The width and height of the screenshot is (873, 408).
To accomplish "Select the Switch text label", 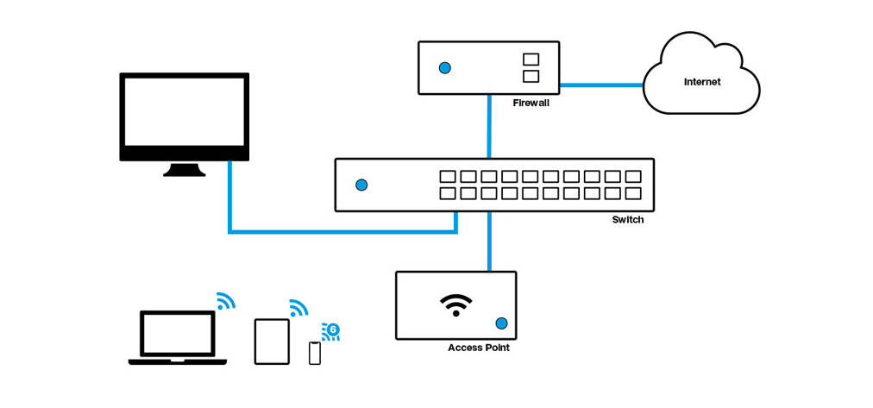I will [628, 220].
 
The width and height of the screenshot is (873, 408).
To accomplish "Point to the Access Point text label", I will [479, 348].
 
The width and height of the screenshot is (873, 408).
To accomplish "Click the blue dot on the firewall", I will [445, 67].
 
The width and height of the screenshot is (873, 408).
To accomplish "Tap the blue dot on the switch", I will [361, 185].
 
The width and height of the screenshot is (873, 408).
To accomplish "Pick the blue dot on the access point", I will [500, 324].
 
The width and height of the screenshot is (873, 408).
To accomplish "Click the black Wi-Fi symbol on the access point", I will [455, 304].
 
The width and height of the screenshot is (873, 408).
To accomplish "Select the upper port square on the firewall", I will [531, 60].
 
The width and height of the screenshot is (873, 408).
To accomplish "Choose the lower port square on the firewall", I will [531, 77].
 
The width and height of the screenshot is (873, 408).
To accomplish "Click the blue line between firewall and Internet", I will [601, 85].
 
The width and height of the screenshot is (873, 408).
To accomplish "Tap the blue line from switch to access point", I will [489, 241].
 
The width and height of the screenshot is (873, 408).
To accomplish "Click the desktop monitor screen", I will [184, 113].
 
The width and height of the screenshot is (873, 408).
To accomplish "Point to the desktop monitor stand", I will [185, 169].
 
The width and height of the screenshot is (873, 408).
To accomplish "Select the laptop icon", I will [178, 337].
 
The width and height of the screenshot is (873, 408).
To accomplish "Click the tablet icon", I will [272, 341].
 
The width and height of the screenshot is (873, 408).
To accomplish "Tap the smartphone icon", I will [314, 352].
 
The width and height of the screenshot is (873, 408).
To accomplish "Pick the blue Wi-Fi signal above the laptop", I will [225, 300].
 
